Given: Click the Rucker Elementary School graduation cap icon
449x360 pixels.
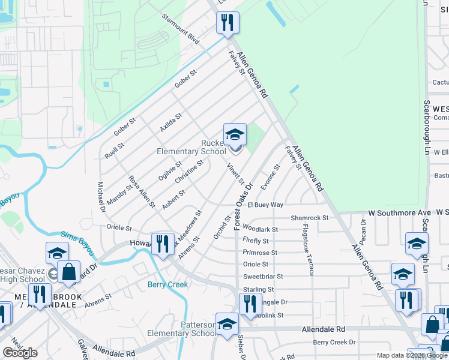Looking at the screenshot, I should click(x=235, y=134).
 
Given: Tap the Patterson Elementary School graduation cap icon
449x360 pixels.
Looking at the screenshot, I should click(x=227, y=325).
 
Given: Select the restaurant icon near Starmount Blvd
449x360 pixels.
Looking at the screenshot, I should click(x=228, y=23).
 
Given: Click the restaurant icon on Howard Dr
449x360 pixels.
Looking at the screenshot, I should click(x=162, y=244).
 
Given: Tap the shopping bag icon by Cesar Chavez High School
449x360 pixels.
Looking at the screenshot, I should click(x=68, y=271).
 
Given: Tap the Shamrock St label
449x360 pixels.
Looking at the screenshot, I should click(x=310, y=218).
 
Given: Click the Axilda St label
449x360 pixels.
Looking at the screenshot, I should click(x=170, y=123).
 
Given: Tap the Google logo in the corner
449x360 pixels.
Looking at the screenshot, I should click(x=20, y=353).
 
